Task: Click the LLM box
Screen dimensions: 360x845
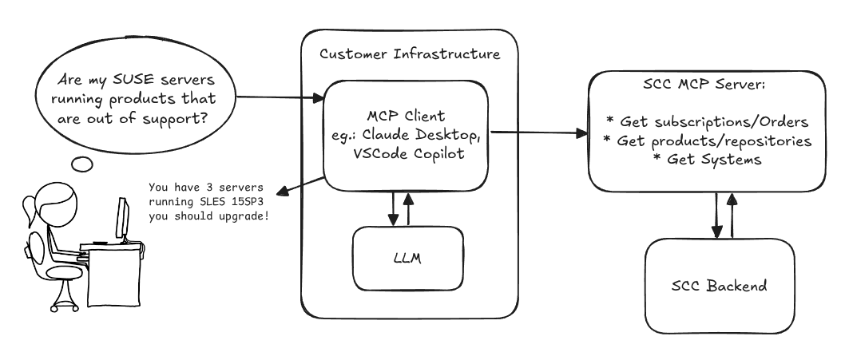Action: [x=407, y=259]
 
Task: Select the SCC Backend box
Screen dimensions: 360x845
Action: [x=720, y=285]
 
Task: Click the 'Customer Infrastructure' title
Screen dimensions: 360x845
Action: [x=410, y=53]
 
